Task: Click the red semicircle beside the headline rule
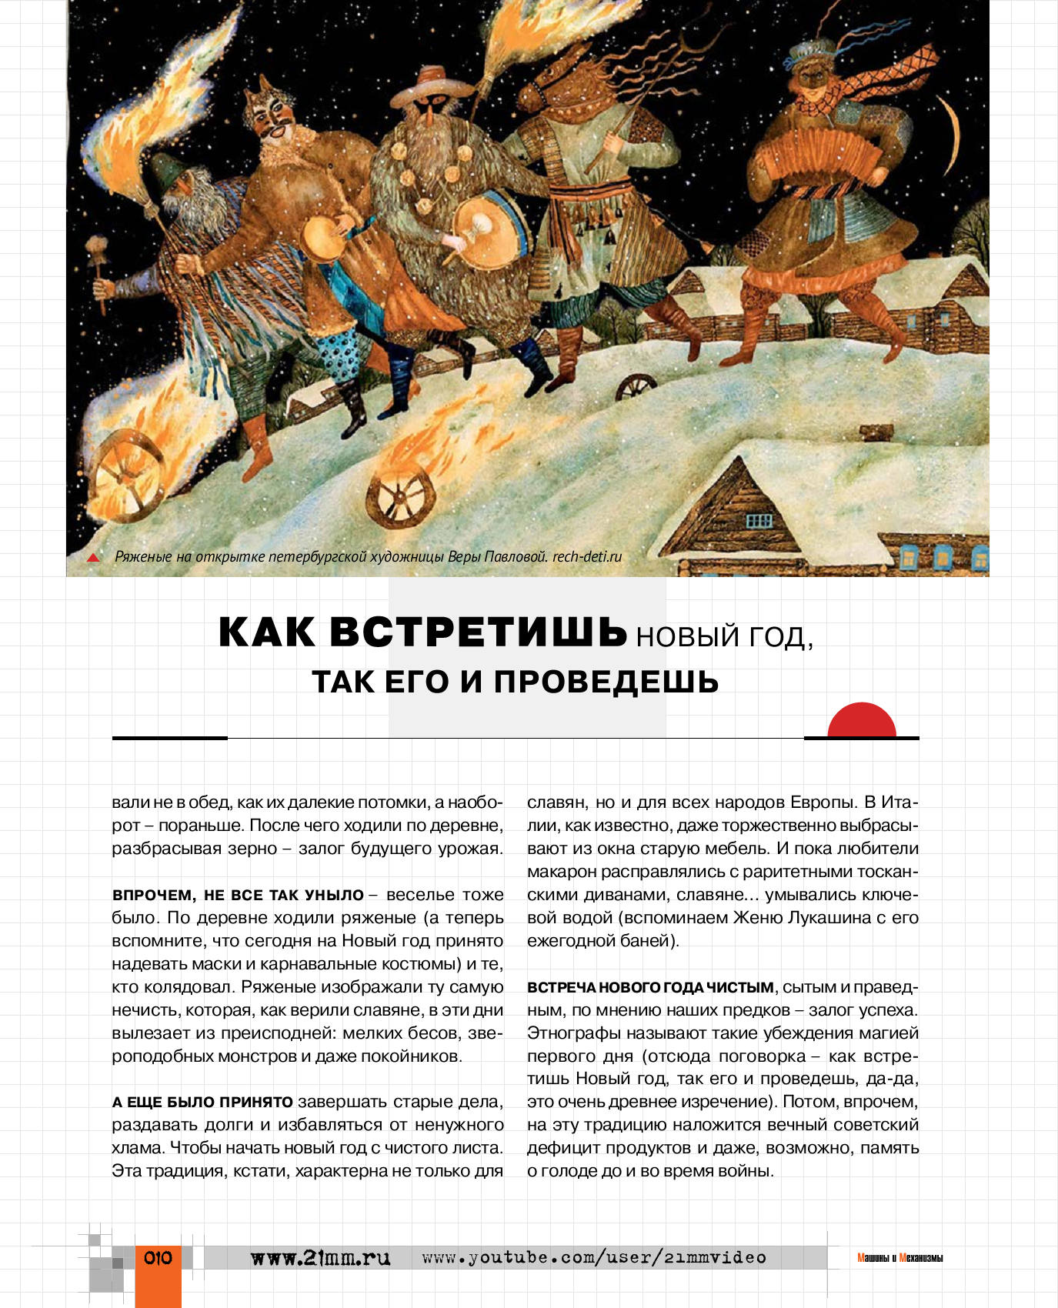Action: coord(861,722)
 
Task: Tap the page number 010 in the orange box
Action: coord(158,1258)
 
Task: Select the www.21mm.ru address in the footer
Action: coord(321,1258)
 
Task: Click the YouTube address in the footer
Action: coord(594,1257)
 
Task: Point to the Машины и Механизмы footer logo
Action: coord(899,1258)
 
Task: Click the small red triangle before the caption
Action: coord(94,558)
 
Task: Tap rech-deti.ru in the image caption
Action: coord(586,556)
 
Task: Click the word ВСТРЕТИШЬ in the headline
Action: coord(479,632)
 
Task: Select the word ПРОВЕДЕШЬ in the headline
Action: coord(606,682)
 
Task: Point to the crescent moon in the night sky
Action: coord(954,134)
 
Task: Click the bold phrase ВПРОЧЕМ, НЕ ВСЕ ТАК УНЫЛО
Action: coord(238,895)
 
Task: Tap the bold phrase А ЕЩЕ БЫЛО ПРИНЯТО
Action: coord(202,1102)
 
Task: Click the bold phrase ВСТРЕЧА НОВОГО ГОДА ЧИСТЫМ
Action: coord(650,987)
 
